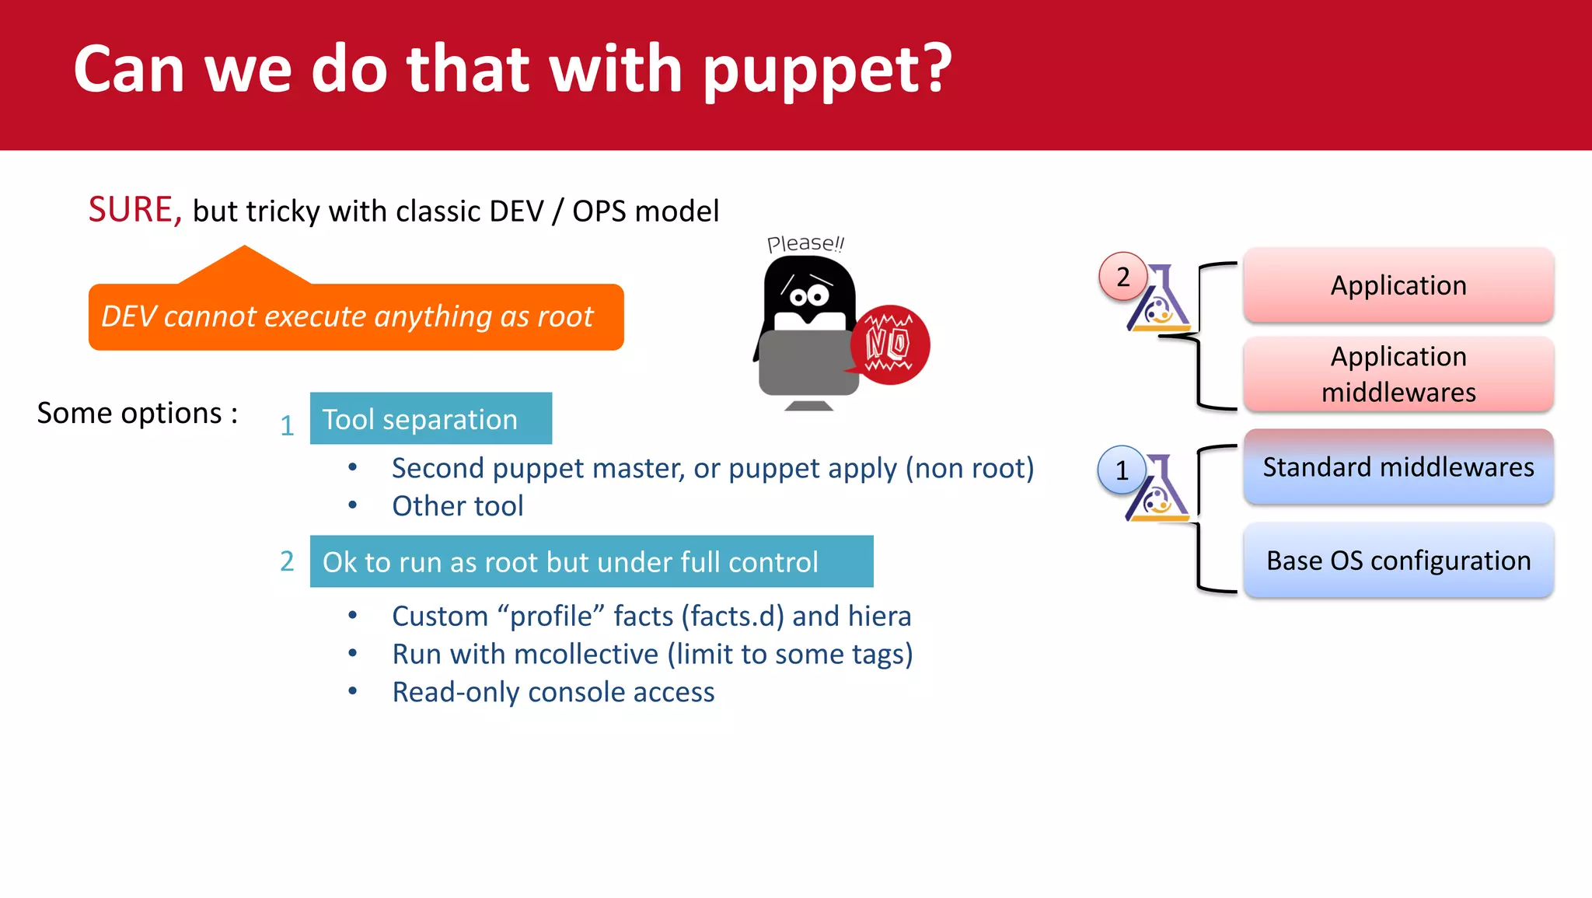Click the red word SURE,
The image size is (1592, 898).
[134, 210]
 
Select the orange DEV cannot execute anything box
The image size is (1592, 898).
[356, 317]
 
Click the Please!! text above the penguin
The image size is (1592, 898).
[805, 243]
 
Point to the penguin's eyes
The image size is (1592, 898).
[809, 295]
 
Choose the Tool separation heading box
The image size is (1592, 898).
[431, 419]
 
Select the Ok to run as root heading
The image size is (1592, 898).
[591, 561]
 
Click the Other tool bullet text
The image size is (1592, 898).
[457, 506]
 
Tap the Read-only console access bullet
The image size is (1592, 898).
[553, 692]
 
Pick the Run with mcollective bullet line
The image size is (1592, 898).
[651, 654]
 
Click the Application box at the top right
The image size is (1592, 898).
[1398, 285]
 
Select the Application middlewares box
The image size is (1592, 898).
[1398, 374]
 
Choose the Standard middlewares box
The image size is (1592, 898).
[1398, 467]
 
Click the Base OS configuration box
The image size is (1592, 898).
[1398, 561]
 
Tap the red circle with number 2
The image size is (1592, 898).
[1122, 277]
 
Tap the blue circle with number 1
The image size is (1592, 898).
[1121, 470]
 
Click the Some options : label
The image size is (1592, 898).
[137, 413]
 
